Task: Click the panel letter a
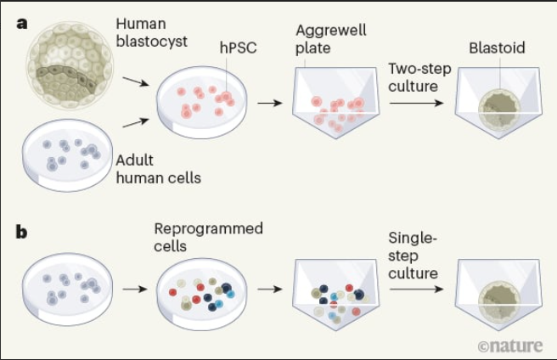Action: pos(22,24)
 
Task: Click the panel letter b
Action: pos(22,232)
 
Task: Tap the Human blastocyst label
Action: pos(152,33)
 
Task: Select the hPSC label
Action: pos(238,48)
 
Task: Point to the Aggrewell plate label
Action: pos(331,39)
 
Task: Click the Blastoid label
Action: pos(497,48)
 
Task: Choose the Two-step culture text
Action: pos(419,77)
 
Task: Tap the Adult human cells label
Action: pos(159,169)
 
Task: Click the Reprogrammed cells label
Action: pos(209,237)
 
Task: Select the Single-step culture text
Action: pos(413,256)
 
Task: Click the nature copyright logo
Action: pos(510,346)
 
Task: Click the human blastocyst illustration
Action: pos(70,65)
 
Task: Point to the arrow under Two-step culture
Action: pos(416,103)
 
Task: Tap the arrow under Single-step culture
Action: pos(416,289)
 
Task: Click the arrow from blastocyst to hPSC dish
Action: pos(136,82)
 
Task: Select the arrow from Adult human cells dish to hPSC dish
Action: pos(136,122)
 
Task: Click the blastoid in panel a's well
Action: pos(499,110)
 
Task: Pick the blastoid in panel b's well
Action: pos(499,301)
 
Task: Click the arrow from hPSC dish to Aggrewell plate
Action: pos(270,103)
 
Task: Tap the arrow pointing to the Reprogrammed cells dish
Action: pos(135,289)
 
